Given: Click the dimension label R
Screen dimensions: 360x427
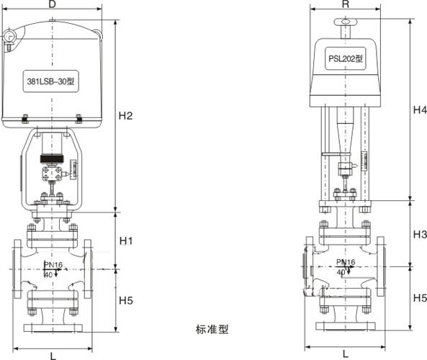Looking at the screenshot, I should [346, 5].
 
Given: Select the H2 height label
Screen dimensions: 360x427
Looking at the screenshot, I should [127, 116].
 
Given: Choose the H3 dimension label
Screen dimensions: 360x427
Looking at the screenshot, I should [419, 235].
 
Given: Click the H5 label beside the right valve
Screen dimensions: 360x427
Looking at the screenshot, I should [419, 297].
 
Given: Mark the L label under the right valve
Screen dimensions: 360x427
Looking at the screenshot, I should [346, 354].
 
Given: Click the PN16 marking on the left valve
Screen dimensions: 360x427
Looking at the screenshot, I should [53, 266].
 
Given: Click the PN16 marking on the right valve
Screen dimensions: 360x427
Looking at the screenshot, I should [346, 263].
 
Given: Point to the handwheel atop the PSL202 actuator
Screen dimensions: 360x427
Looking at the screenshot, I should [346, 23].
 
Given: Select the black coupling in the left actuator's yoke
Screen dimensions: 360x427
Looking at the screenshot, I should [51, 158].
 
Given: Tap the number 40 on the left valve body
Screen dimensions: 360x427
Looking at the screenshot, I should [48, 274].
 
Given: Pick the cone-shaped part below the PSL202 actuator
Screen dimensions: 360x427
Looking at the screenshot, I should [343, 131].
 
